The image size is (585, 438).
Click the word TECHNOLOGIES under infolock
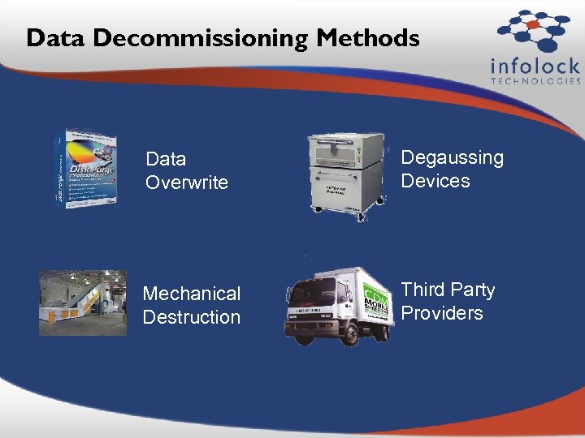pyautogui.click(x=536, y=81)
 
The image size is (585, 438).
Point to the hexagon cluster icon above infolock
pyautogui.click(x=533, y=29)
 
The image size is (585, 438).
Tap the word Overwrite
pyautogui.click(x=187, y=182)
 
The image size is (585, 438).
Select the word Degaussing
pyautogui.click(x=453, y=157)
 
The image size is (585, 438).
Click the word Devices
pyautogui.click(x=435, y=181)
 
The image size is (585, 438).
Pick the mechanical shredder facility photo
pyautogui.click(x=83, y=303)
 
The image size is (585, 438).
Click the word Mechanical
pyautogui.click(x=192, y=293)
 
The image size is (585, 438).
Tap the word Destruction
pyautogui.click(x=192, y=316)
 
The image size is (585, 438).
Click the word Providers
pyautogui.click(x=442, y=313)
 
